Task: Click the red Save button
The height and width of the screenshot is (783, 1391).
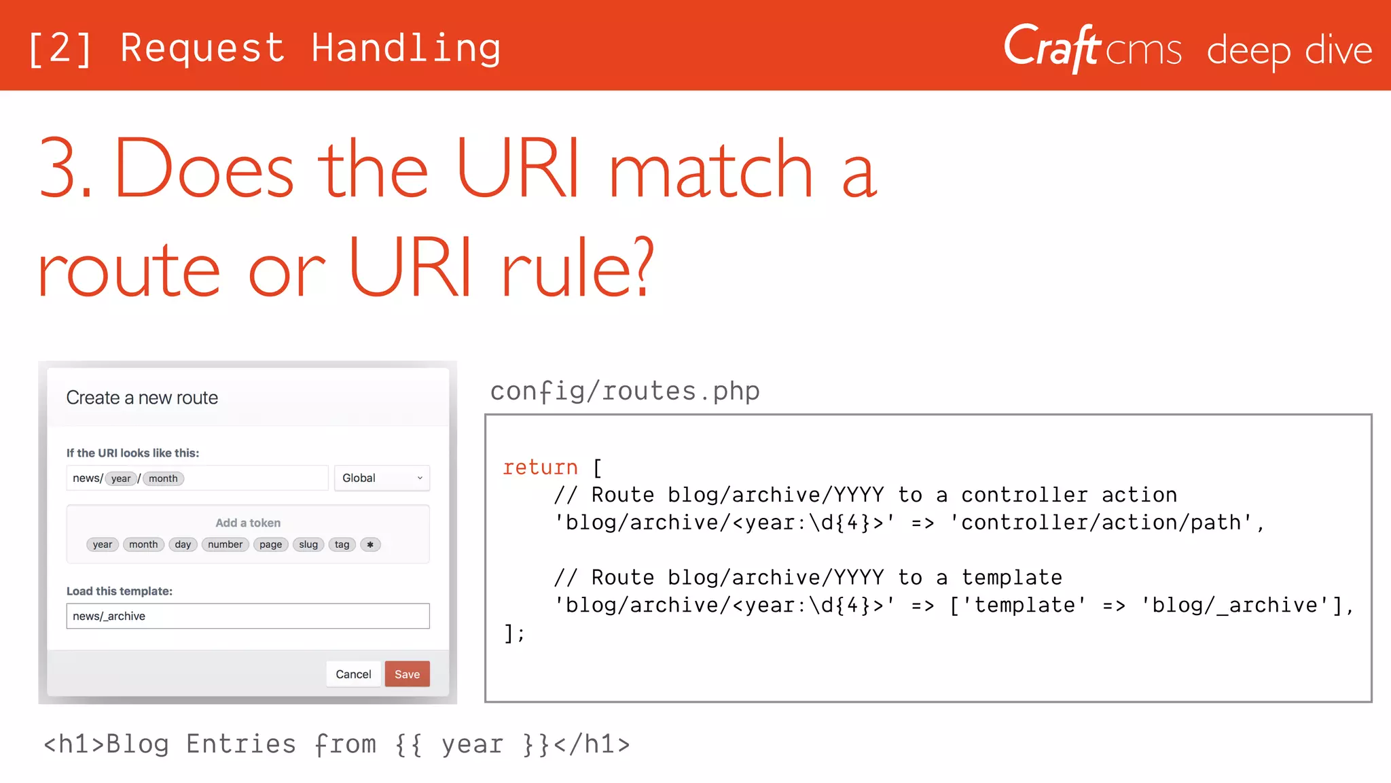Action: pyautogui.click(x=407, y=674)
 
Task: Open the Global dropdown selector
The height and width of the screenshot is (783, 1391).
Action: pyautogui.click(x=382, y=478)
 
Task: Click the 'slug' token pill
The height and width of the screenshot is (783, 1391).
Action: pyautogui.click(x=308, y=544)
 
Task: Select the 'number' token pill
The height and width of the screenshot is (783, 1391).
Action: pyautogui.click(x=225, y=544)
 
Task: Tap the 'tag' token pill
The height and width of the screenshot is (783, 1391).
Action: pyautogui.click(x=342, y=544)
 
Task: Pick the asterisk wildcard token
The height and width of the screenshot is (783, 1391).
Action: pyautogui.click(x=370, y=544)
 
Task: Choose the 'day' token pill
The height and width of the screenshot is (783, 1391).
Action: pyautogui.click(x=183, y=544)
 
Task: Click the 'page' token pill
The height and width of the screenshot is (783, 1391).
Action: pyautogui.click(x=270, y=544)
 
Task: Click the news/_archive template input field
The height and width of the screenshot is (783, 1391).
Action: pyautogui.click(x=248, y=616)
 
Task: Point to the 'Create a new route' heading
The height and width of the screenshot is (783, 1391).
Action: pyautogui.click(x=142, y=398)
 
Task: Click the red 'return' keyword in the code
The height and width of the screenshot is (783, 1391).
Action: pyautogui.click(x=540, y=468)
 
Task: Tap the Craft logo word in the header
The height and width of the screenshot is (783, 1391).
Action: pyautogui.click(x=1052, y=48)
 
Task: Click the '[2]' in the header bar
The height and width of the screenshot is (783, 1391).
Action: pyautogui.click(x=60, y=49)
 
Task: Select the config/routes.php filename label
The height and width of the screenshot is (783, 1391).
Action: pyautogui.click(x=625, y=391)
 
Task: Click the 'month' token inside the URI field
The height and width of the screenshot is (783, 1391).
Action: pyautogui.click(x=163, y=478)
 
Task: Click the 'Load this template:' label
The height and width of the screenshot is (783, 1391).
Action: pyautogui.click(x=120, y=591)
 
